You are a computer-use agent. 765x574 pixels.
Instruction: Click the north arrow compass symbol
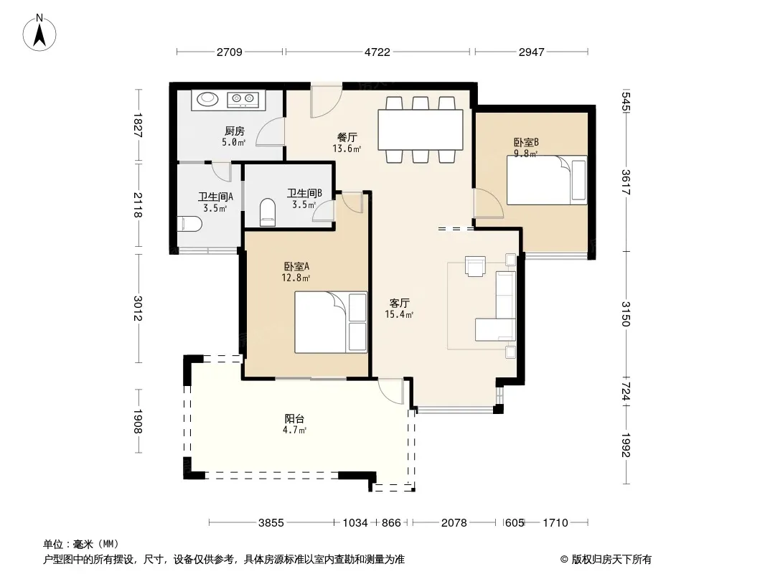[x=39, y=33]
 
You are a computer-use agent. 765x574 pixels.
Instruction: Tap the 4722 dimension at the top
[x=377, y=52]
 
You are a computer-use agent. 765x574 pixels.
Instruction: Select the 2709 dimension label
[x=230, y=52]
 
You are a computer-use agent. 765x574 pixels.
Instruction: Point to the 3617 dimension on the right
[x=626, y=182]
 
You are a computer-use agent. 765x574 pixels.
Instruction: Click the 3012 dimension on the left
[x=138, y=309]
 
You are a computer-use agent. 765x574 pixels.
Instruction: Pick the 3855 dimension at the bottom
[x=271, y=523]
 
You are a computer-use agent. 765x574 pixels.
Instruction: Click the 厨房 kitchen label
[x=234, y=131]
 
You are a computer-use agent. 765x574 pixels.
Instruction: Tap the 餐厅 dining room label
[x=347, y=137]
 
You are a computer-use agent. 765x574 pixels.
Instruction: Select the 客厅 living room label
[x=399, y=304]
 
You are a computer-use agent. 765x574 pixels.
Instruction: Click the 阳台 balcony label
[x=295, y=418]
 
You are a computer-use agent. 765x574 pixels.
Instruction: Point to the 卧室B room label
[x=526, y=142]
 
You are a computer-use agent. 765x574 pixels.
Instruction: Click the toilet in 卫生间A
[x=189, y=225]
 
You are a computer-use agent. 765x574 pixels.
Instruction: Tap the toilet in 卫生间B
[x=268, y=212]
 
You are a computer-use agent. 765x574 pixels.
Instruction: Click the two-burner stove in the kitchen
[x=243, y=100]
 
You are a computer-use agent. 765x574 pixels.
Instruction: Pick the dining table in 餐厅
[x=420, y=130]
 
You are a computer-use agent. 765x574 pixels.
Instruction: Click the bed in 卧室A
[x=331, y=322]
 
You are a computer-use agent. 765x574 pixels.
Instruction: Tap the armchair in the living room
[x=475, y=266]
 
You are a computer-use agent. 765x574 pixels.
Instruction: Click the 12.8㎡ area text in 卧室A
[x=296, y=278]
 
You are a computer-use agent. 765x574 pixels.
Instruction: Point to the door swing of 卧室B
[x=489, y=203]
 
